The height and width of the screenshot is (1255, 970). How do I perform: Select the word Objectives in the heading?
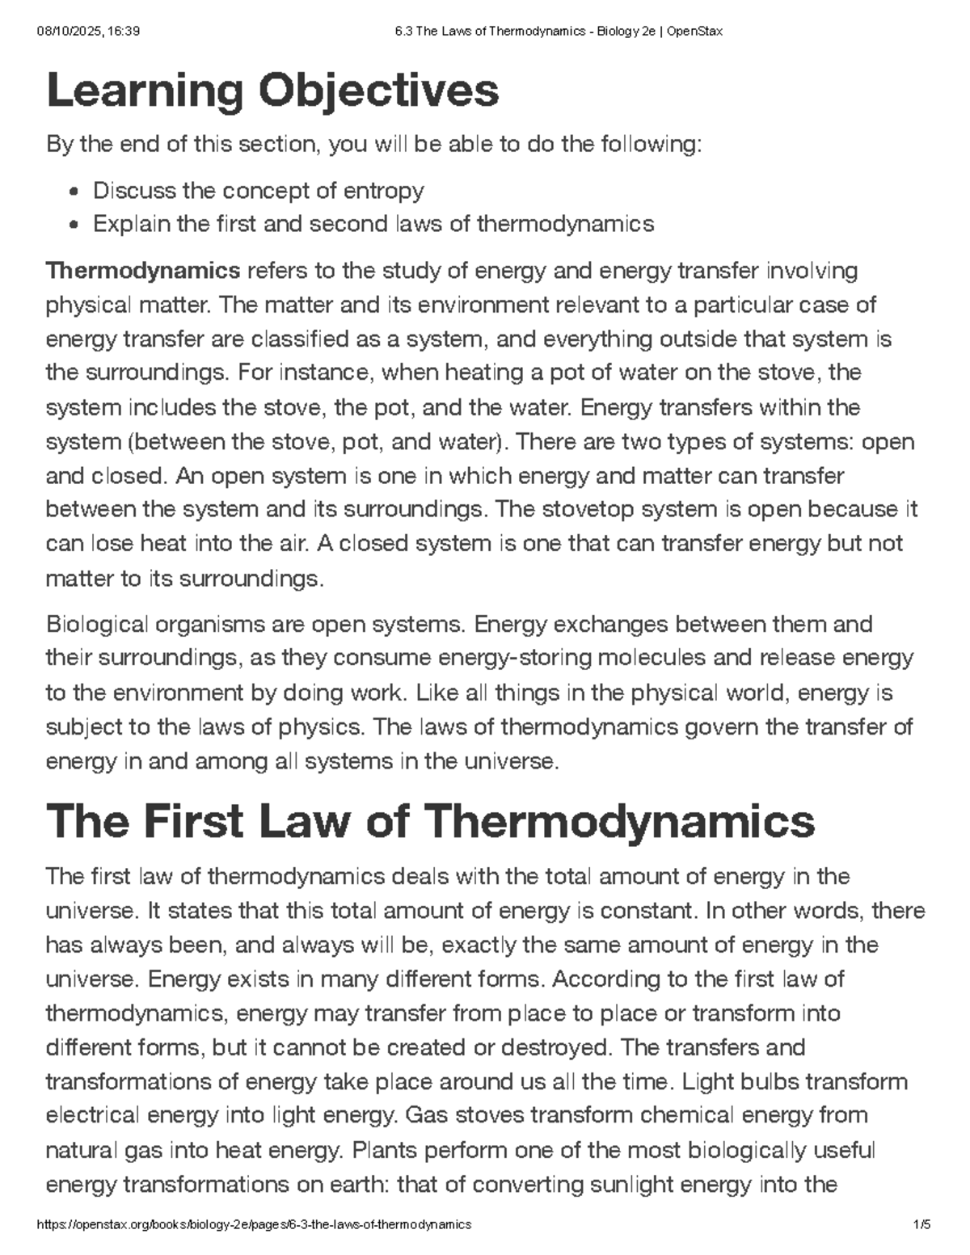378,91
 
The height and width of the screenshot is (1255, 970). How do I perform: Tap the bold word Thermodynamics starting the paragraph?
143,270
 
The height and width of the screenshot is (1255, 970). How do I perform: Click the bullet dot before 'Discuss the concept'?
74,192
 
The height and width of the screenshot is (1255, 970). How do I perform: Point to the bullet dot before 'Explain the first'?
74,225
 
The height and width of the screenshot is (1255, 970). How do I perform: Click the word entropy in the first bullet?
384,191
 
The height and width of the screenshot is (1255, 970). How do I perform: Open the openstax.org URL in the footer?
255,1224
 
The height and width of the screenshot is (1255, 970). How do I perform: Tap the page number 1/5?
921,1224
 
